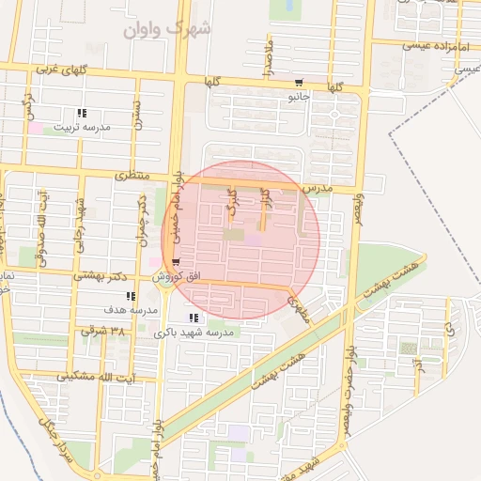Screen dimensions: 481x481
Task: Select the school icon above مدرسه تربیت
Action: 82,114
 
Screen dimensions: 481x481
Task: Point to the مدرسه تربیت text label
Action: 82,127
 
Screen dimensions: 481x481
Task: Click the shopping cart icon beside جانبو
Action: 298,82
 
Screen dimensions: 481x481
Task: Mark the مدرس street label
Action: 318,189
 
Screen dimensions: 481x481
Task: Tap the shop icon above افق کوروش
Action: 176,263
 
